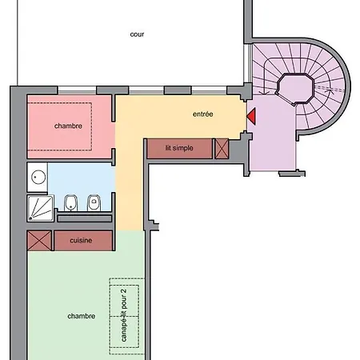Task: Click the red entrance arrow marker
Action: coord(251,116)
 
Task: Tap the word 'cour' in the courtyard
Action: coord(138,34)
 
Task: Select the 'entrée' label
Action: coord(203,114)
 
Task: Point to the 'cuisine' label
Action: coord(80,240)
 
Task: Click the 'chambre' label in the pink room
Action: coord(69,126)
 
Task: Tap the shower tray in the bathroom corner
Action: coord(39,206)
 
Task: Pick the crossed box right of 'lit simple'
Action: coord(222,148)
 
